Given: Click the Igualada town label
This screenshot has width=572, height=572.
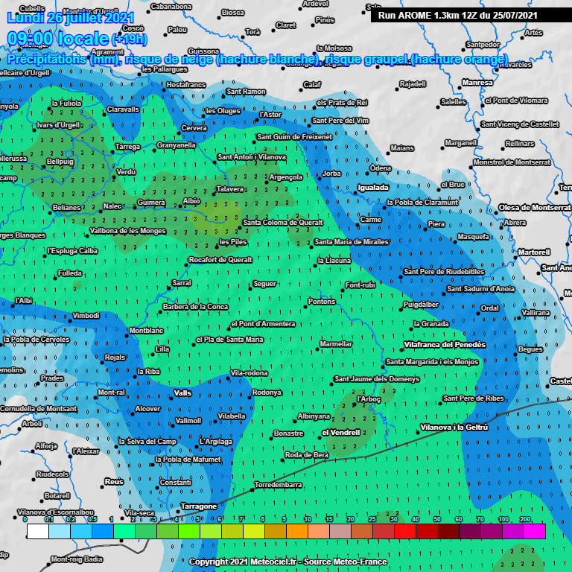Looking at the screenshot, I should (x=373, y=188).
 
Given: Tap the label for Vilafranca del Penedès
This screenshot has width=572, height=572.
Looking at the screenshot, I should (x=444, y=345).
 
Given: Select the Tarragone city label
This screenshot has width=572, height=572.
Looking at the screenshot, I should (x=198, y=506).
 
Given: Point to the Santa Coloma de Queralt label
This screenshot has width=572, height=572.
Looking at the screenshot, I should (x=282, y=222).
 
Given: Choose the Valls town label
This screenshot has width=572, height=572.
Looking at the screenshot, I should (x=182, y=393).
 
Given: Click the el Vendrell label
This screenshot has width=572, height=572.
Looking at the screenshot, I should (x=340, y=432).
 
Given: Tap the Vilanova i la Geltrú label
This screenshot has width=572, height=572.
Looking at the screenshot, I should (x=454, y=427).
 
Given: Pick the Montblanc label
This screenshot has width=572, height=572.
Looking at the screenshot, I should (x=146, y=330).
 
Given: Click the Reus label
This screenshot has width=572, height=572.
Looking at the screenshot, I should (x=113, y=482).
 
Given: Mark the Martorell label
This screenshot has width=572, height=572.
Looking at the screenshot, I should (x=533, y=252).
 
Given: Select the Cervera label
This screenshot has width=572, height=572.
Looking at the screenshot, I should (x=194, y=128).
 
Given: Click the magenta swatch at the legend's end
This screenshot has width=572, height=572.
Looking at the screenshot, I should (x=534, y=531).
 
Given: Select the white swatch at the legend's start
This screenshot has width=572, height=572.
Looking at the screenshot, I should (x=37, y=531).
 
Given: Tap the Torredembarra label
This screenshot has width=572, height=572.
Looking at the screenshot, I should (x=278, y=485).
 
